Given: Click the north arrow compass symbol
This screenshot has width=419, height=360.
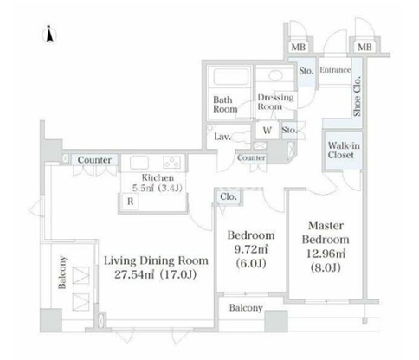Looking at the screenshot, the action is pos(49,34).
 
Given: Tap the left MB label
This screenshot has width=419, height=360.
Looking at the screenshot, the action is pos(298,47).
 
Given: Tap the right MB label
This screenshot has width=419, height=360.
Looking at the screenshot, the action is pos(364,47).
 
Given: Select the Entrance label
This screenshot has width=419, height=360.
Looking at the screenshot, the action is pos(335,70).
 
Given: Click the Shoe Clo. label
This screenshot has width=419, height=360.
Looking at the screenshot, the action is pos(358,96).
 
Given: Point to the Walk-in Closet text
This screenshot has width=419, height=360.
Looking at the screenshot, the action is pos(344,151).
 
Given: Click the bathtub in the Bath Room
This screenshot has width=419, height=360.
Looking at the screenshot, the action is pos(231,76).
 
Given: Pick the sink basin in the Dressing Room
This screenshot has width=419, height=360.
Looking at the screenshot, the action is pos(275,75).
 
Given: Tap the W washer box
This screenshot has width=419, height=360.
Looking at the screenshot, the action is pos(268,131).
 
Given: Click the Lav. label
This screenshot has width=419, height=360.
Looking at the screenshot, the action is pos(222,137).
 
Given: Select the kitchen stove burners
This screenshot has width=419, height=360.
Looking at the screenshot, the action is pos(172,163).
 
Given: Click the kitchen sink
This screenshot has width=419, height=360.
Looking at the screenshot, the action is pos(139,163).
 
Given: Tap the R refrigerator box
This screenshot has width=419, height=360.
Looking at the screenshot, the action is pos(130,202).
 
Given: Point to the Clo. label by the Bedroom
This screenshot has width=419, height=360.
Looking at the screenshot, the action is pos(229,196).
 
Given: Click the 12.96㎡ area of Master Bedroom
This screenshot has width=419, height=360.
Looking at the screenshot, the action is pos(326,254).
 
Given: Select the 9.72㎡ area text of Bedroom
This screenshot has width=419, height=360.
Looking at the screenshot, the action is pos(251,249).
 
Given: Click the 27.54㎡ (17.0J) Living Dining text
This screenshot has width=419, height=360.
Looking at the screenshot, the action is pos(156,274).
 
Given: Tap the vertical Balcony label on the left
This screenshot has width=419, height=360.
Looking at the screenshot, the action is pos(62,273).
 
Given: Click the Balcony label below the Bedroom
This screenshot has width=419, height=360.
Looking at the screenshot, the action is pos(246,308).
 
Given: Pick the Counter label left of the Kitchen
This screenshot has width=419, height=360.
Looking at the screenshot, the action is pos(94,160).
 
